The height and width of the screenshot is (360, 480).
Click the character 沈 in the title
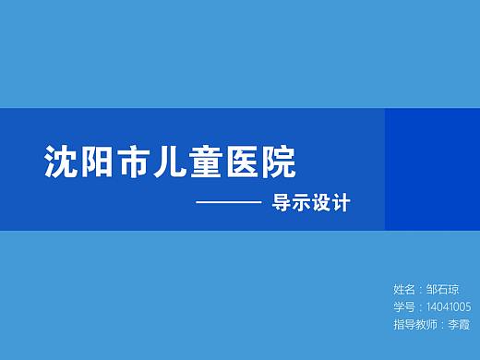60,162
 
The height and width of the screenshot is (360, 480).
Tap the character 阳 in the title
95,162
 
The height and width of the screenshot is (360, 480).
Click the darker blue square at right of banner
432,169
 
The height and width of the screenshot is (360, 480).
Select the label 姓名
403,290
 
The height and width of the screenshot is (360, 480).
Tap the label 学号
403,307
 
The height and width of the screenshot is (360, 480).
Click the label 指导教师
415,325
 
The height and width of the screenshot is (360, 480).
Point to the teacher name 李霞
459,325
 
